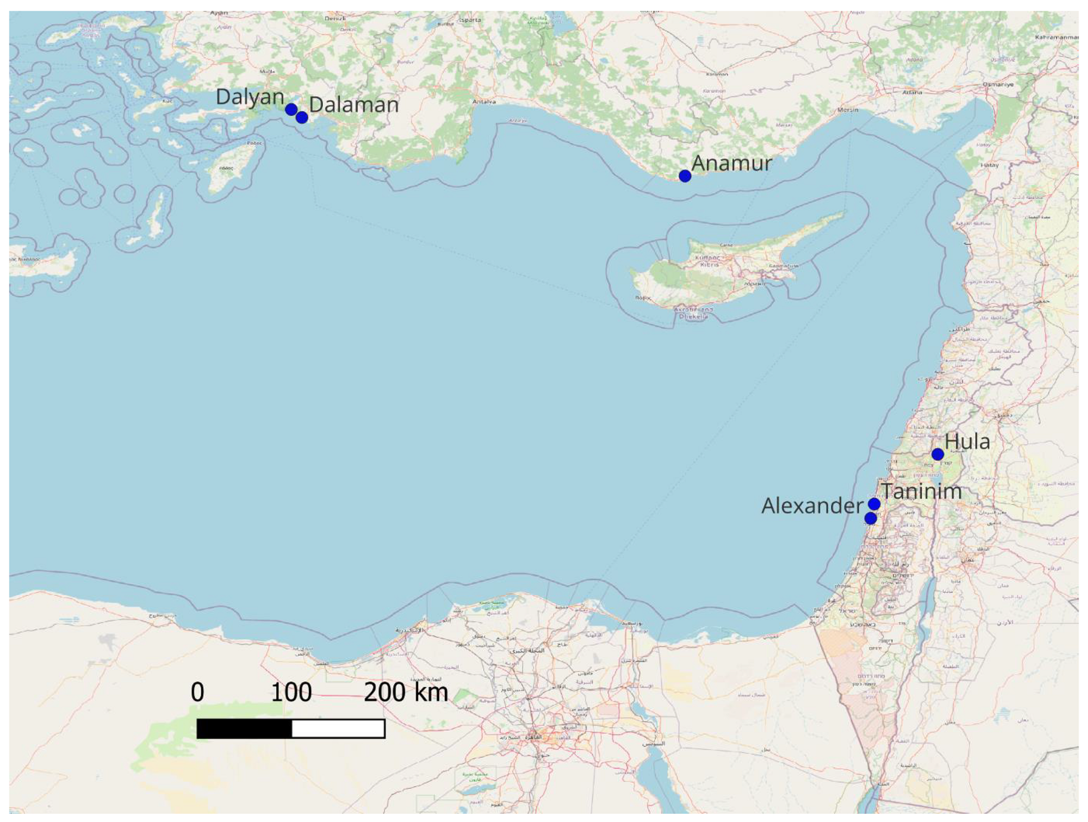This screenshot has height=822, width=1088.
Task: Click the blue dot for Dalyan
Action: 291,109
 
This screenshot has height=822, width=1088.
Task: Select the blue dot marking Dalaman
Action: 302,117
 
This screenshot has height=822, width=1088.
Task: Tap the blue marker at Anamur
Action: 685,176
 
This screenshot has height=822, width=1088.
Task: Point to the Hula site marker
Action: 937,454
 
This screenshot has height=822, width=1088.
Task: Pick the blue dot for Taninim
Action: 874,504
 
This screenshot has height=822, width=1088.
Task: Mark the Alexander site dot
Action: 871,519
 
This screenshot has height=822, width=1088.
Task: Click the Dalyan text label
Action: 249,97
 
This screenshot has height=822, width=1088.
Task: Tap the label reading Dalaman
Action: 354,105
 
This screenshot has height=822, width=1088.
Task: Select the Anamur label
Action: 732,163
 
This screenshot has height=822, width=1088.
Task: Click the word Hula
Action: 967,441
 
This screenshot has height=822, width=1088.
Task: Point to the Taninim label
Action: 921,491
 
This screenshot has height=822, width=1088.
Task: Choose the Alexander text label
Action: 812,505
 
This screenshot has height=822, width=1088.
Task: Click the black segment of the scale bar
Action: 244,729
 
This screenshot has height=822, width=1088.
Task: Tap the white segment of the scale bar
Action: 338,729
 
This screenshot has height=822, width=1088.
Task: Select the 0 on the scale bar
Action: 197,693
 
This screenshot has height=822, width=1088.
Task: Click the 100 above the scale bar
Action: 291,693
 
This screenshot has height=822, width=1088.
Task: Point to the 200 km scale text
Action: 406,693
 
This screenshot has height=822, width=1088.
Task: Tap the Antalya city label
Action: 484,102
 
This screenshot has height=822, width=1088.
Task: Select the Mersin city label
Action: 847,110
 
